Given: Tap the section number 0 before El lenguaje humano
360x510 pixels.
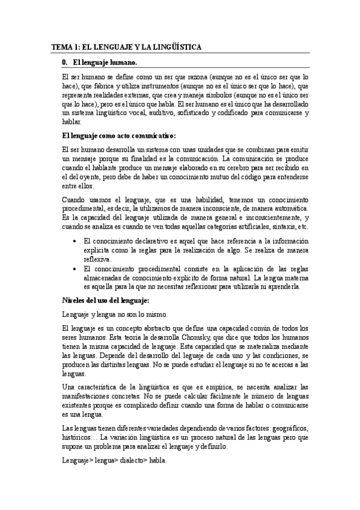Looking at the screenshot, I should pos(64,62).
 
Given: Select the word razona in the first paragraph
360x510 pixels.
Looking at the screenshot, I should pos(194,78).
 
